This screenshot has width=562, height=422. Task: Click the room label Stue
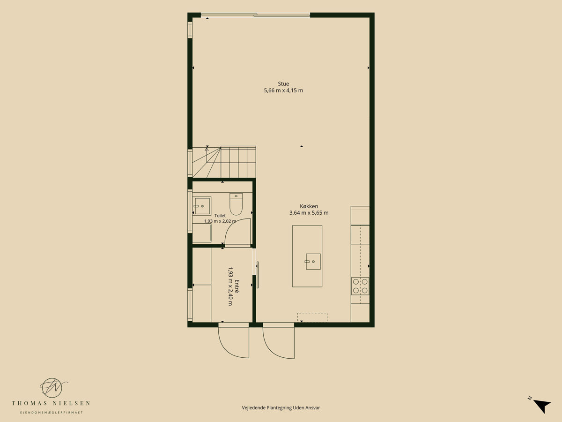tap(283, 84)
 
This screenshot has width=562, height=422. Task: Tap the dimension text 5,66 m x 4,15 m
tap(283, 90)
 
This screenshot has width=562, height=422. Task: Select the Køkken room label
tap(309, 206)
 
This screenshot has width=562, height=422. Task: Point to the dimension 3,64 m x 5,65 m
tap(309, 213)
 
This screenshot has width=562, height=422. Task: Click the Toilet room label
tap(220, 216)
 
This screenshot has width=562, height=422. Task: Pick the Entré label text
tap(237, 286)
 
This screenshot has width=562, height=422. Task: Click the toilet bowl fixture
tap(236, 204)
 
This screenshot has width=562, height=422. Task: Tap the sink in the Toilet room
tap(202, 206)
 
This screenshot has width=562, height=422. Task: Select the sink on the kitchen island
tap(313, 262)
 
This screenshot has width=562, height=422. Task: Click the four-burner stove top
tap(360, 286)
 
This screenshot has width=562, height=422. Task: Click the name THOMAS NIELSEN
tap(51, 403)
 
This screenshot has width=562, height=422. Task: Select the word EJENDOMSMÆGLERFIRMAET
tap(52, 413)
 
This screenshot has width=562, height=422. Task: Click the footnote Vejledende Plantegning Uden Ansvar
tap(281, 407)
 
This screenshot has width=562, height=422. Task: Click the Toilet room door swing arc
tap(230, 225)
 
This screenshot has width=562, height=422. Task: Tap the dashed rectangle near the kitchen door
tap(312, 317)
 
